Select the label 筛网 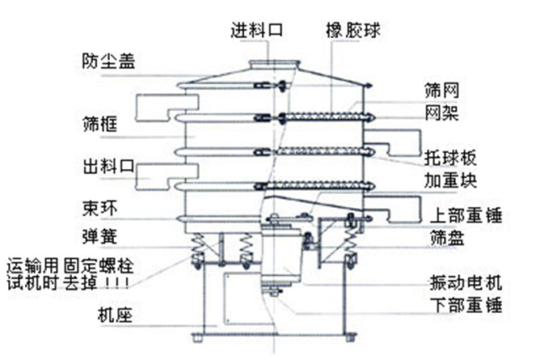pos(441,90)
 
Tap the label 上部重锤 pos(463,215)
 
